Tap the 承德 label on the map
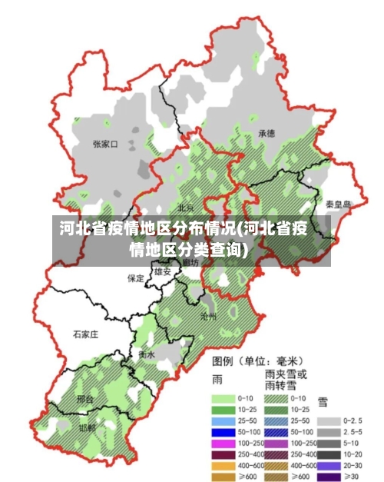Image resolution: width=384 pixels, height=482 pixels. [266, 133]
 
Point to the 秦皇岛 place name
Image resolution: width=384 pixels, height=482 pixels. [338, 204]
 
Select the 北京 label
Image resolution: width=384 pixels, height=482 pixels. [186, 208]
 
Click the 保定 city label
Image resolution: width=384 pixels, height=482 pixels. [136, 278]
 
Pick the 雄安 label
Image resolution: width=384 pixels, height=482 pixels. [162, 272]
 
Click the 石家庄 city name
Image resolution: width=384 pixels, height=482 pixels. [85, 334]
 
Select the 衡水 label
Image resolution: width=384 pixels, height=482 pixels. [147, 354]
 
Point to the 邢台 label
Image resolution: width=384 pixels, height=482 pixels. [85, 400]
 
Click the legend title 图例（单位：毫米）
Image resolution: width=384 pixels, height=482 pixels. [257, 360]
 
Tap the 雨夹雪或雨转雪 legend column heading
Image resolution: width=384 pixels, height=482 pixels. [286, 379]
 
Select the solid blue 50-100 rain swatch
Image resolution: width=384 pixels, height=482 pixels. [223, 433]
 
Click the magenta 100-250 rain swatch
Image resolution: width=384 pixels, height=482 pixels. [223, 444]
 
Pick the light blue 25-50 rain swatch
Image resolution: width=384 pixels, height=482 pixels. [223, 422]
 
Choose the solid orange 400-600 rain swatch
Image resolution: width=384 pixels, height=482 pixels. [223, 465]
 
